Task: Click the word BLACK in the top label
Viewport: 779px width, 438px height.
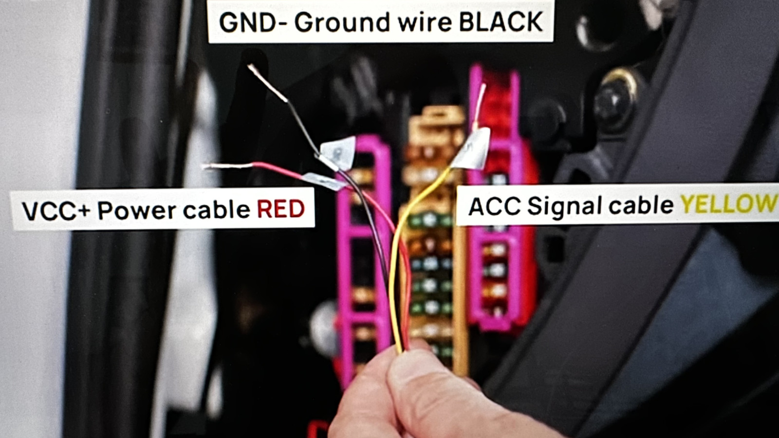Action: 501,22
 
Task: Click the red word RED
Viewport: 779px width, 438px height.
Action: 280,209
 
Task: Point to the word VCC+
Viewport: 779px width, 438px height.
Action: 56,211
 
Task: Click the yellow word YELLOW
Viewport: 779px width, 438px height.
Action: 728,204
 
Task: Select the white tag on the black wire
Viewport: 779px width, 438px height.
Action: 338,152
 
